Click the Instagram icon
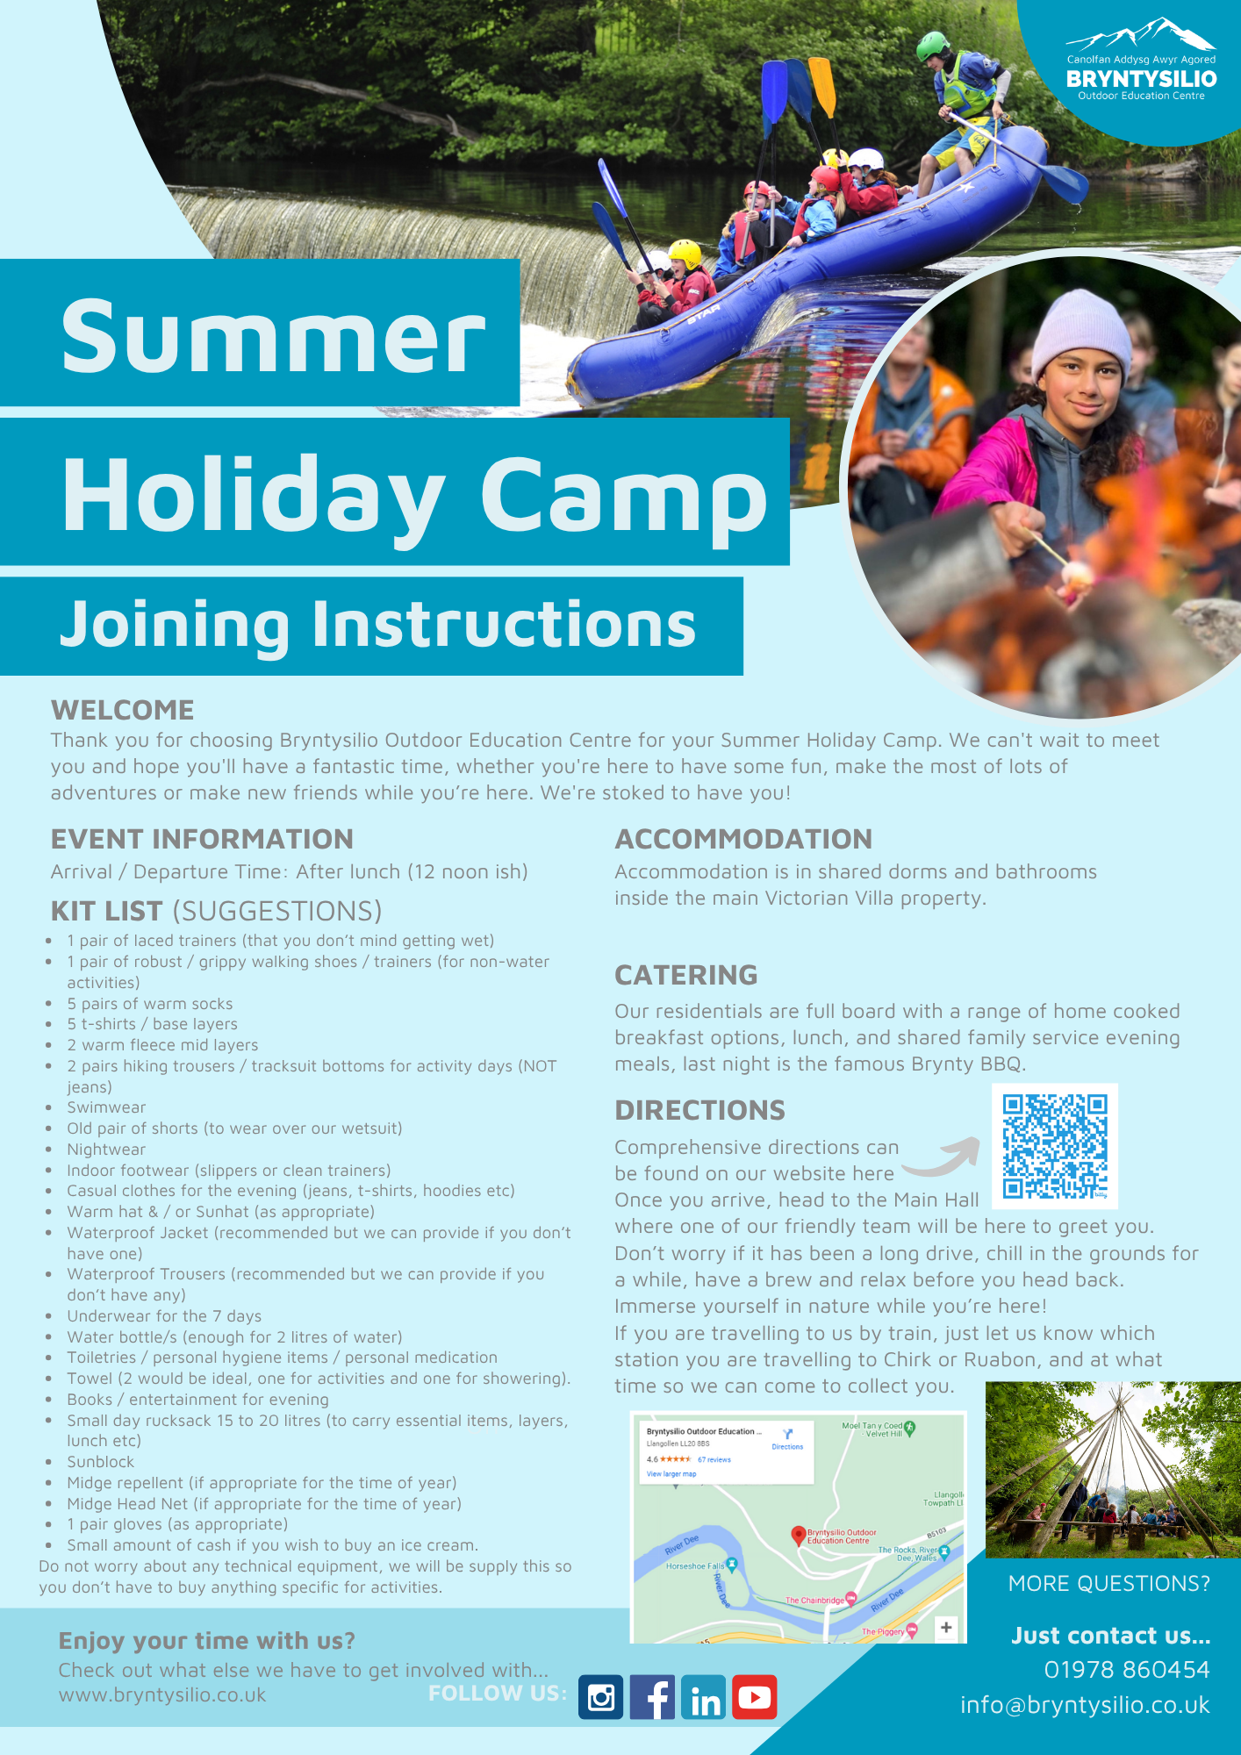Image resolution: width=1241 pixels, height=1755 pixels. click(601, 1697)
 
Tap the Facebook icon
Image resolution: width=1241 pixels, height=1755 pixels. click(652, 1697)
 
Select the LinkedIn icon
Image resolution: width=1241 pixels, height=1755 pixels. click(704, 1697)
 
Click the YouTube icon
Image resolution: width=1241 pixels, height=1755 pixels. click(755, 1697)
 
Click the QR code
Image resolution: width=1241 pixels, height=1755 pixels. click(1055, 1146)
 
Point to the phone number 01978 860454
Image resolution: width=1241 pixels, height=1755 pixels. click(1127, 1670)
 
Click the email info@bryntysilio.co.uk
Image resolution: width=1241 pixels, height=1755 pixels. click(1085, 1705)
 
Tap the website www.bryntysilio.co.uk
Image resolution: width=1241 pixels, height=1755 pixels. click(162, 1695)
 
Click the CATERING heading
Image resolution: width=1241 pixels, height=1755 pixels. click(686, 975)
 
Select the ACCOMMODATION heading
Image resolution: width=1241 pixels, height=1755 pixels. click(743, 839)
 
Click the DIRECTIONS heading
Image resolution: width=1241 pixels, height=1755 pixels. click(700, 1110)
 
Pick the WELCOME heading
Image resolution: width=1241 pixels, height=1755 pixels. click(123, 710)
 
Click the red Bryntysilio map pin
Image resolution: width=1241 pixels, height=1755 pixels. click(798, 1535)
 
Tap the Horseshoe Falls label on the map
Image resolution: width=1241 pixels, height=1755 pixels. click(695, 1565)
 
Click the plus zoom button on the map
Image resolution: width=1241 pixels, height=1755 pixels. click(946, 1628)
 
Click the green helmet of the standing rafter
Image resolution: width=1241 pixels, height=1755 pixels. click(933, 45)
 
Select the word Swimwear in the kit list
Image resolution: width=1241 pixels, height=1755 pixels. click(106, 1107)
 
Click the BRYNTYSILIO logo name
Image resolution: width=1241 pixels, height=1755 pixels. click(1141, 79)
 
